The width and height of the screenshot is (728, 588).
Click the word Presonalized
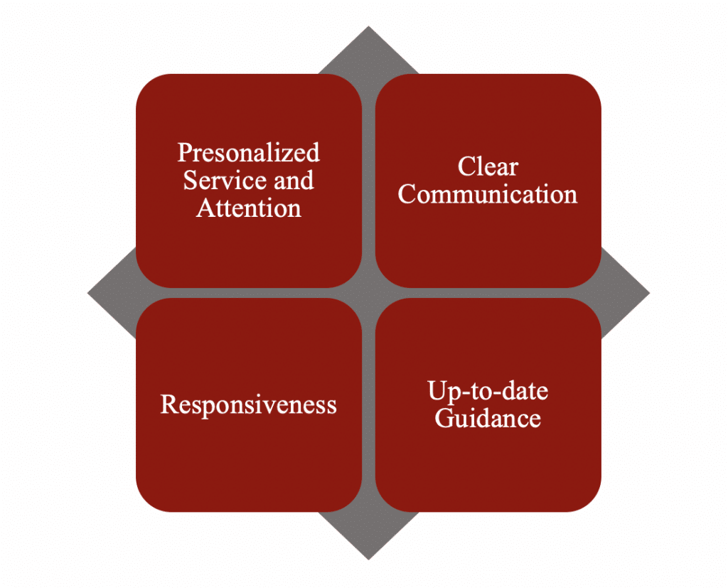(x=249, y=153)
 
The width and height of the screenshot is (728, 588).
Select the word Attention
(x=249, y=208)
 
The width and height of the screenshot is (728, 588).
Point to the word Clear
(x=488, y=167)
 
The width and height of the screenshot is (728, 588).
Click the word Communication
(x=488, y=195)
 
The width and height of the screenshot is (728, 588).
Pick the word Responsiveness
(x=249, y=405)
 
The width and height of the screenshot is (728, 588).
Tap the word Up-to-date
(x=488, y=391)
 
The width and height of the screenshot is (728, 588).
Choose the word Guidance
(x=488, y=418)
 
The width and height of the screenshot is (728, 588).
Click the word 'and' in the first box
(x=294, y=181)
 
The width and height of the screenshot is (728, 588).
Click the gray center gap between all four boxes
(x=368, y=293)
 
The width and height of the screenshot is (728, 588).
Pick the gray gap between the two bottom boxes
(x=368, y=405)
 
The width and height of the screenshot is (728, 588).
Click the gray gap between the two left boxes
(x=249, y=293)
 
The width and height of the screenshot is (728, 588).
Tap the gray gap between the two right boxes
(x=488, y=293)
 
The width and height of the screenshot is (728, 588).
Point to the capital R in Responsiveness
(x=168, y=405)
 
